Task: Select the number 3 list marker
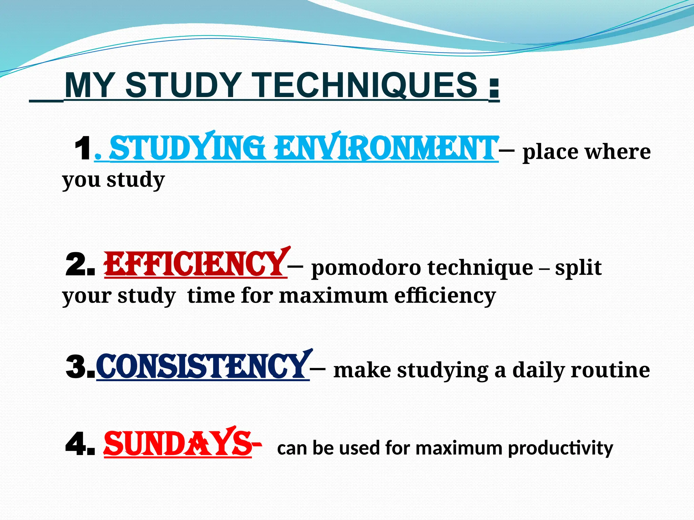click(x=80, y=367)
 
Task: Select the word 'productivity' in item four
click(x=560, y=448)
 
